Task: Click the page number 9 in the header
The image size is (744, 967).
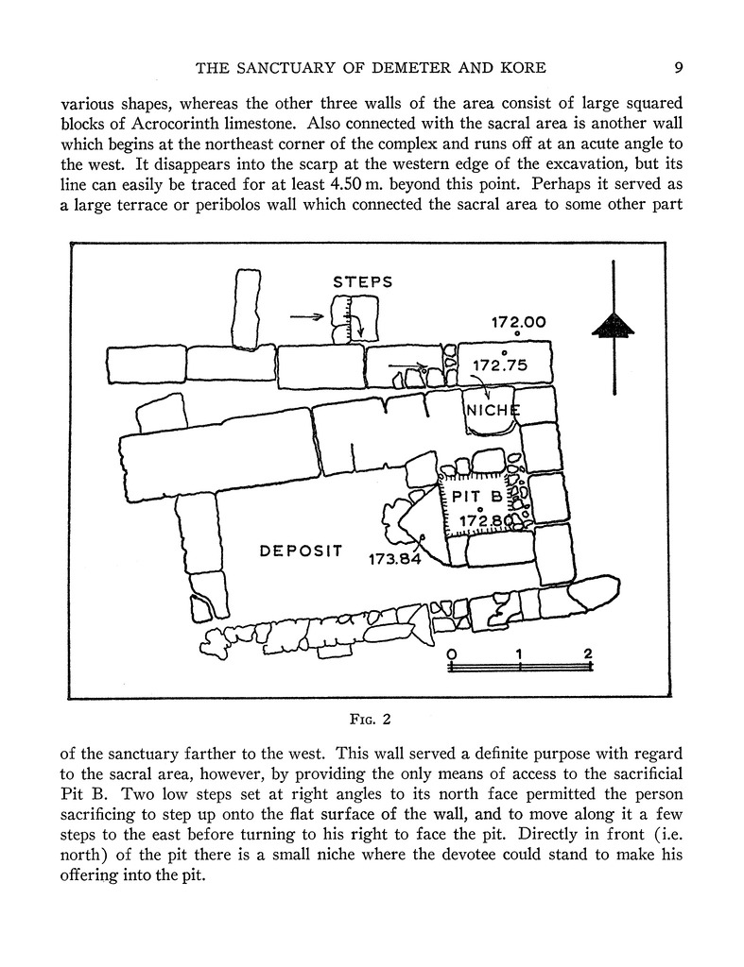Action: [x=680, y=67]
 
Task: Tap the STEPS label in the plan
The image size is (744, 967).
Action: [x=362, y=281]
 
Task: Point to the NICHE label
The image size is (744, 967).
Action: [x=492, y=410]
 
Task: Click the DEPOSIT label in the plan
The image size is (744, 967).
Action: [x=301, y=551]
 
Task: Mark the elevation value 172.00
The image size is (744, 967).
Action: [x=518, y=322]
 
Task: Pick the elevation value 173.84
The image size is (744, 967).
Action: [x=394, y=558]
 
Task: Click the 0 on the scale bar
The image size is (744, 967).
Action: [x=451, y=653]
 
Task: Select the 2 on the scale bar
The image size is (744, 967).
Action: [x=588, y=653]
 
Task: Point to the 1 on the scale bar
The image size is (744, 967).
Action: [x=520, y=653]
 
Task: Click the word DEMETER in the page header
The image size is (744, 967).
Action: [x=408, y=67]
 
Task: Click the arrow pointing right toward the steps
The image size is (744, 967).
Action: [x=307, y=318]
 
